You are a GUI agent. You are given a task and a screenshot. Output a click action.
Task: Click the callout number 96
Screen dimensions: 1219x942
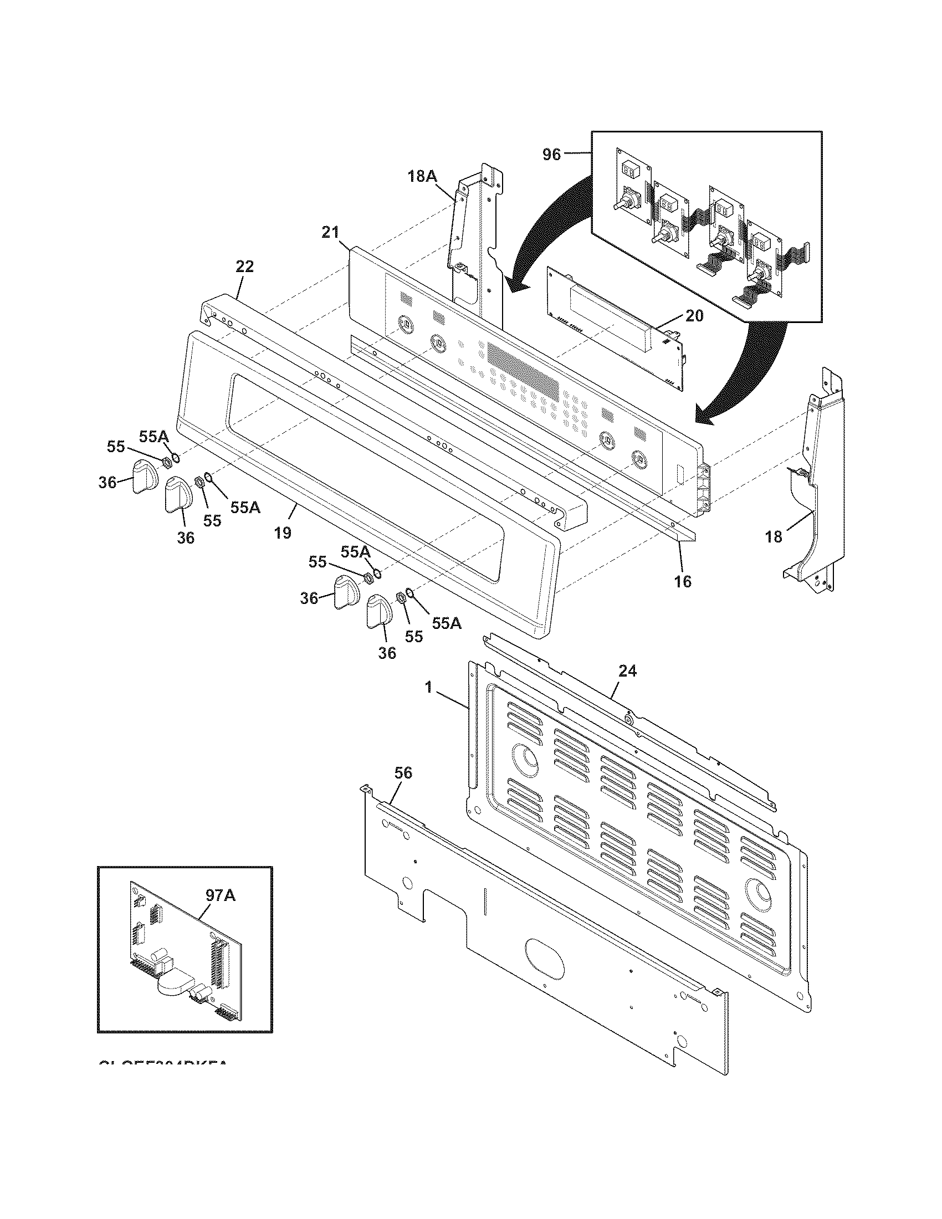[551, 155]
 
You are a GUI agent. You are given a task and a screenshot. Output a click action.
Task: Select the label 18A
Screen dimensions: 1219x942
[422, 177]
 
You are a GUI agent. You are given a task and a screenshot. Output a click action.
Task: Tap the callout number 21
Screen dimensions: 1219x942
[330, 232]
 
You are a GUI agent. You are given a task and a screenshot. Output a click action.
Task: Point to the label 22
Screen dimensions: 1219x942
[244, 267]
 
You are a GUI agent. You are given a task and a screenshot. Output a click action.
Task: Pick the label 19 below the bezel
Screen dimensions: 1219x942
[283, 532]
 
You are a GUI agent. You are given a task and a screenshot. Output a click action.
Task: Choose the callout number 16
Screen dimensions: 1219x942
[683, 582]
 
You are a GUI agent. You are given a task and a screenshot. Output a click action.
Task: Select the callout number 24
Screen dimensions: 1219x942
[627, 671]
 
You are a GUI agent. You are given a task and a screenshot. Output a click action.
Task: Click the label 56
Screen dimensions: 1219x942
[403, 773]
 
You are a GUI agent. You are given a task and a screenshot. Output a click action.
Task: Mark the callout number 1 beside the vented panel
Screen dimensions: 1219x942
[428, 688]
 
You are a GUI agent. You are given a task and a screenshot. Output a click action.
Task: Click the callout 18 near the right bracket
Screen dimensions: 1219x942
[774, 537]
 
